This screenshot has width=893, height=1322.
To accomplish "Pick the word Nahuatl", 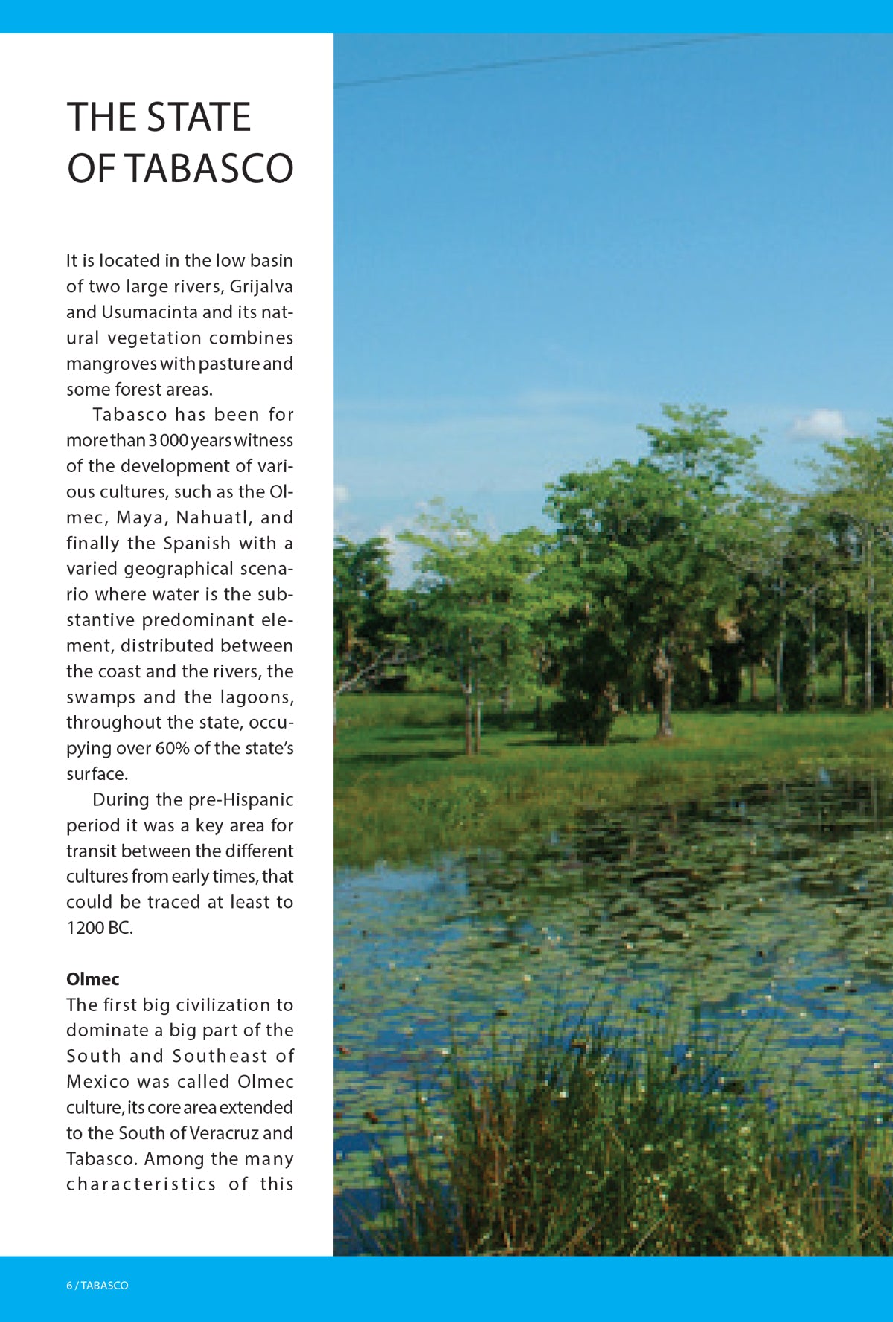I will click(214, 517).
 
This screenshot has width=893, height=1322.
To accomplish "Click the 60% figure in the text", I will click(173, 748).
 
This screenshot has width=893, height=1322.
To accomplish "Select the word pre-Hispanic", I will click(240, 799).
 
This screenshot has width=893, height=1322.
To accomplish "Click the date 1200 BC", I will click(99, 928).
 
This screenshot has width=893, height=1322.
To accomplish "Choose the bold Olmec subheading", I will click(92, 979).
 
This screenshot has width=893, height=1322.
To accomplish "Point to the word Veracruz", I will click(223, 1133).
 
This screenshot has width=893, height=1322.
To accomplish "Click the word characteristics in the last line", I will click(141, 1184).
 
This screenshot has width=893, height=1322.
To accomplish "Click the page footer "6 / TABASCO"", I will click(97, 1286).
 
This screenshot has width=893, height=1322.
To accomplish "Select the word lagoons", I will click(257, 697).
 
